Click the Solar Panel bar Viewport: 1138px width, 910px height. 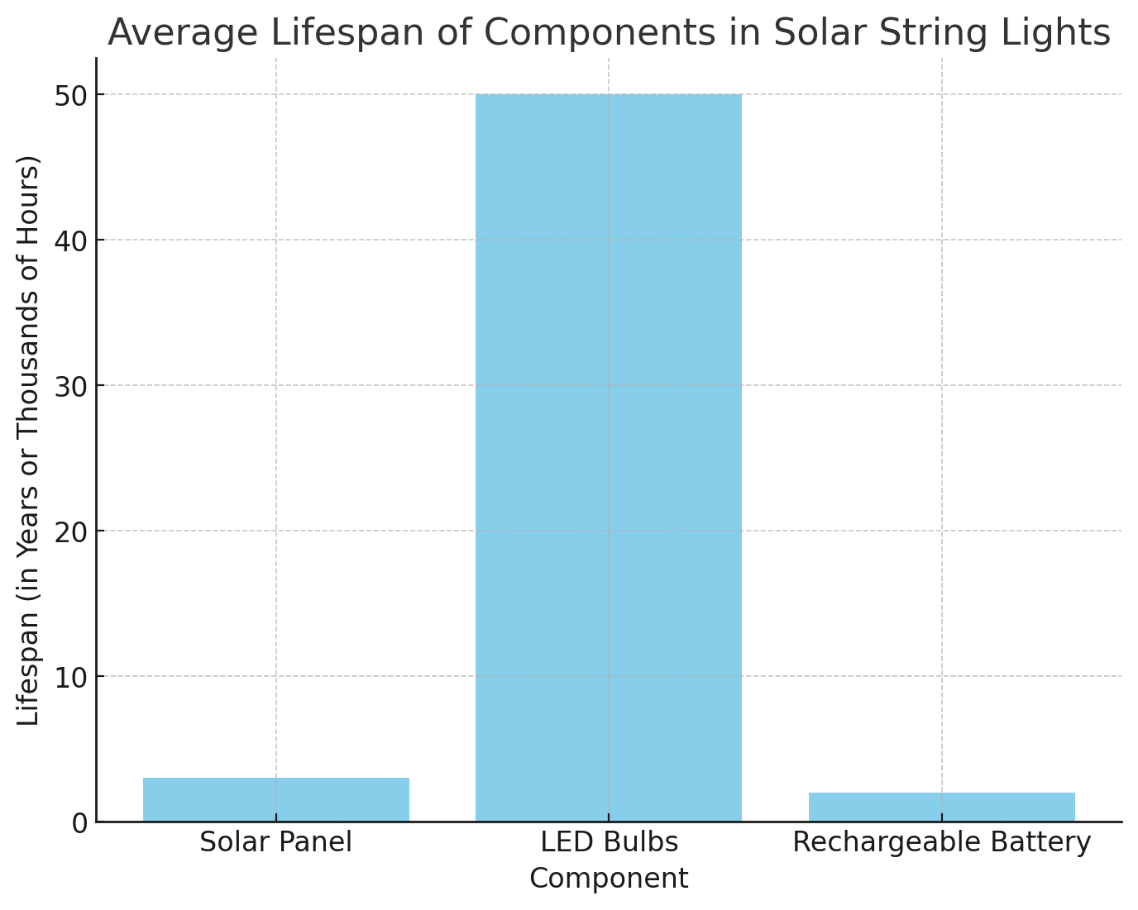pos(275,799)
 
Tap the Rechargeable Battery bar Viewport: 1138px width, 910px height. pos(941,807)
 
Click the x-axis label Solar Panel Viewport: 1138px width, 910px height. pos(275,842)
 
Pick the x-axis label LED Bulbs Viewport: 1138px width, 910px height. pos(609,842)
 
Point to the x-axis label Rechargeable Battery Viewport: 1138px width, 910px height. pos(941,842)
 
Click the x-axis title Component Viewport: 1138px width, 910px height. pos(609,878)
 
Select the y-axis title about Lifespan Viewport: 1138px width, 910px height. pos(29,440)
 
